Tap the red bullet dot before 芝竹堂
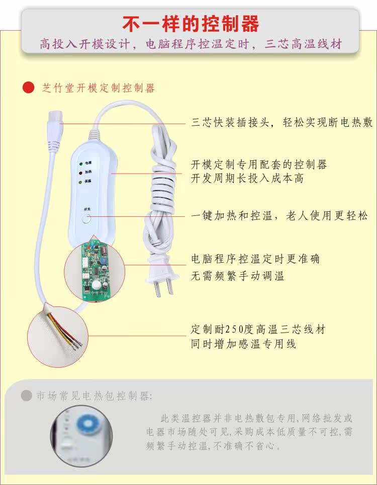[x=28, y=88]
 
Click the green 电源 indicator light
[x=80, y=164]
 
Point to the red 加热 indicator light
[x=80, y=173]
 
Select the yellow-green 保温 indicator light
[x=80, y=182]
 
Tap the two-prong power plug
[x=166, y=281]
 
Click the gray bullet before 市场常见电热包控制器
[x=27, y=395]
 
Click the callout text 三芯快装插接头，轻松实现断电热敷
[x=282, y=123]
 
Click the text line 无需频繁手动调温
[x=237, y=276]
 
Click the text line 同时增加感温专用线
[x=243, y=344]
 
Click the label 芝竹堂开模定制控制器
[x=99, y=88]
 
